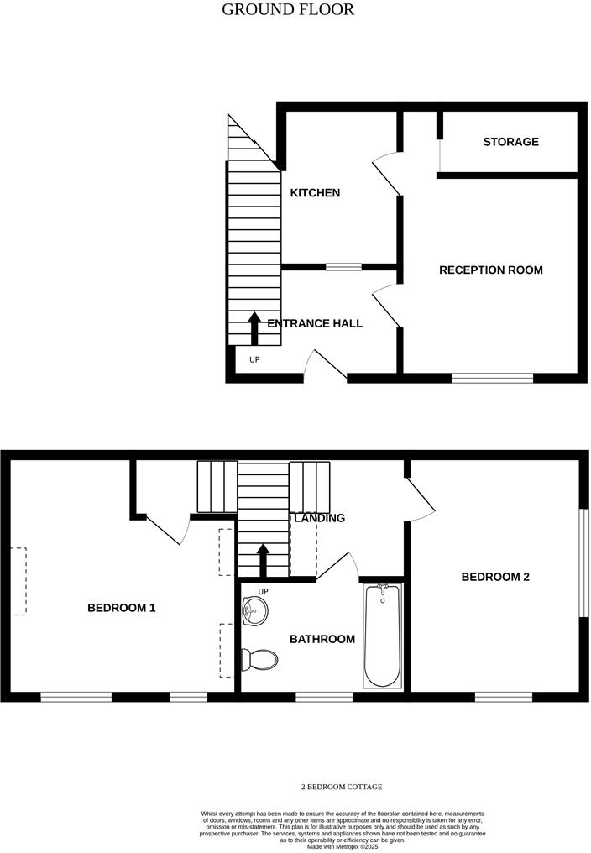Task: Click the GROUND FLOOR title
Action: pos(288,10)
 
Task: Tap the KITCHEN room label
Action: pos(315,193)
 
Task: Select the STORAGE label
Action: pos(510,142)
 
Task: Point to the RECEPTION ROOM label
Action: pos(491,270)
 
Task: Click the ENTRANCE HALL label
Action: pos(315,323)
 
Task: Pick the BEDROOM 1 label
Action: pos(122,608)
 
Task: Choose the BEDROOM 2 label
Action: pos(495,578)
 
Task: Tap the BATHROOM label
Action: pos(322,640)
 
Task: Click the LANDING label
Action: pos(319,518)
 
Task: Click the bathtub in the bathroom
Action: pos(383,637)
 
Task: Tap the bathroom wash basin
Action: pos(253,612)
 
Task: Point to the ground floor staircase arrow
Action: pos(254,327)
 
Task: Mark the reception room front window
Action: pos(493,378)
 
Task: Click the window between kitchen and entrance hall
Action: pos(343,267)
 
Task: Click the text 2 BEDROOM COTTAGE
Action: pos(342,787)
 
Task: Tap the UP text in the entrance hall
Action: pos(254,360)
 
